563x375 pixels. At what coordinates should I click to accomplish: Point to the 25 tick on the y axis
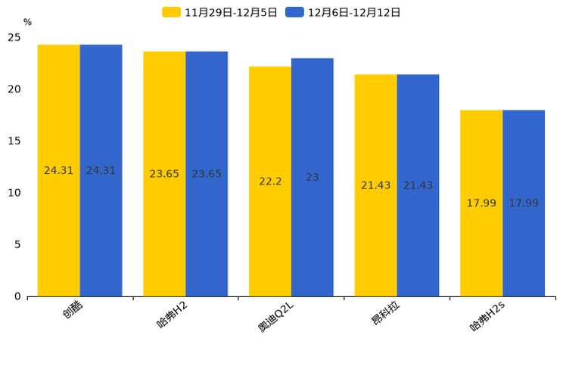coord(14,38)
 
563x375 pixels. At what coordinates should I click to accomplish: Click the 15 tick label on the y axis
coord(14,141)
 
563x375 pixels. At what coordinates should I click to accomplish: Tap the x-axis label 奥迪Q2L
coord(275,317)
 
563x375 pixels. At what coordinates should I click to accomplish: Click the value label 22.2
coord(270,181)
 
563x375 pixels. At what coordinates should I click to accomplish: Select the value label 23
coord(312,177)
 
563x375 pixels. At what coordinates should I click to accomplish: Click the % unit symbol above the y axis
coord(27,23)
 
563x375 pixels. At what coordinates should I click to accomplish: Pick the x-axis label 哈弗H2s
coord(487,317)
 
